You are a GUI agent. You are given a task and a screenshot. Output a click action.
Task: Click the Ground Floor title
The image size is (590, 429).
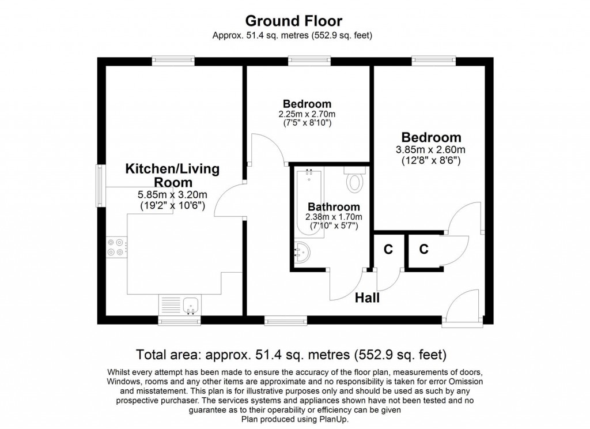point(294,21)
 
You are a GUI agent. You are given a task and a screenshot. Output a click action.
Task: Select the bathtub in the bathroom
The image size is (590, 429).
point(309,201)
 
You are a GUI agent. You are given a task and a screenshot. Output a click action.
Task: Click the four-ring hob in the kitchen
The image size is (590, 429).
point(115,247)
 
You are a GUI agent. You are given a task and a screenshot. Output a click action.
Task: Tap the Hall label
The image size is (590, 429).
point(367,298)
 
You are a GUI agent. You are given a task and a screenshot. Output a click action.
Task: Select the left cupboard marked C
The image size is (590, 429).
point(388,250)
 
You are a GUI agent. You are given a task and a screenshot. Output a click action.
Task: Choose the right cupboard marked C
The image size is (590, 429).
point(423,250)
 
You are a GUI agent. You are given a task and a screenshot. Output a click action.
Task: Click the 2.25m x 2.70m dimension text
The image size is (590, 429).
point(307,114)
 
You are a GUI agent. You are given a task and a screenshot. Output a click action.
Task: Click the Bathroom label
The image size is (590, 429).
point(334,207)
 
